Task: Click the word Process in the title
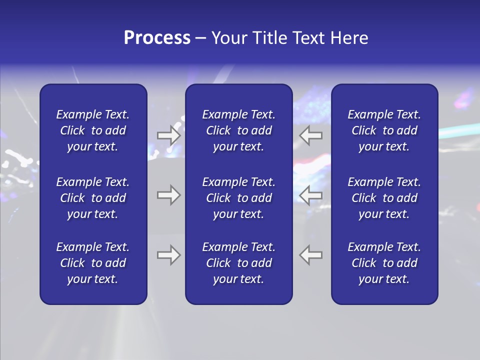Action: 157,38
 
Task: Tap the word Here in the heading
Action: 349,38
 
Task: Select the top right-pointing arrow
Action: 169,135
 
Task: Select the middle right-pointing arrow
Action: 169,195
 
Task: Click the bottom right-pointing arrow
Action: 169,255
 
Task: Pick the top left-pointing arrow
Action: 311,135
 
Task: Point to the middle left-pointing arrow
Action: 311,195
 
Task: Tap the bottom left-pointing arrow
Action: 311,255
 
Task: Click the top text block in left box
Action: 93,130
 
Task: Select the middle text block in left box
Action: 93,198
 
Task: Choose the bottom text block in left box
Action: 93,263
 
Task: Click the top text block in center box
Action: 238,130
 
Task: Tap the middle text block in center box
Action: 238,198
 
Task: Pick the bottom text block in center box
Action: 238,263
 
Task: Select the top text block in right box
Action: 384,130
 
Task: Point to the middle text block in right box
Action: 384,198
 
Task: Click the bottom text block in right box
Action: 384,263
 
